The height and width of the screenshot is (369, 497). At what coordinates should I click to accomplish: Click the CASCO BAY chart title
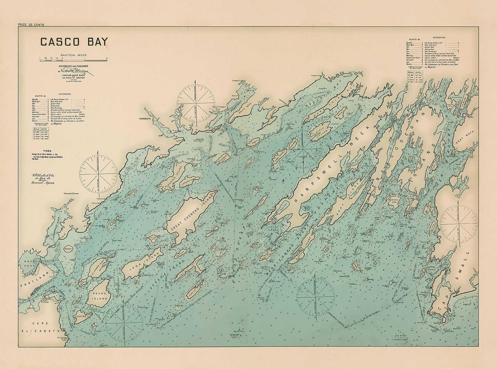tap(74, 42)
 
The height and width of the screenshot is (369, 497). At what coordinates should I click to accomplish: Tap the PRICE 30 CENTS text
tap(31, 25)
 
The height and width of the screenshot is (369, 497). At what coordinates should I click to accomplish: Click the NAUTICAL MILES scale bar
tap(74, 58)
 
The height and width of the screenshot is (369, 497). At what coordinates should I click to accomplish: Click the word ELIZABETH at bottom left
tap(40, 331)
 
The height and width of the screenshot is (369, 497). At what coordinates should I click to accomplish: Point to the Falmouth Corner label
tap(71, 194)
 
